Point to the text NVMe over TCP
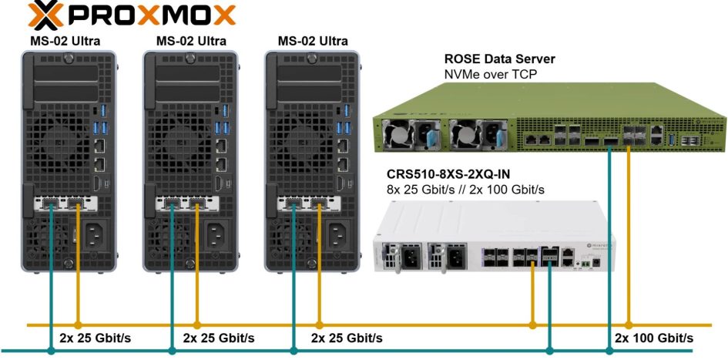tap(491, 74)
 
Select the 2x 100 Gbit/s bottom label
tap(653, 338)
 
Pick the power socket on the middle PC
tap(215, 232)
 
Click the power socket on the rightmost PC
tap(336, 232)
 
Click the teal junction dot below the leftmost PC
tap(52, 352)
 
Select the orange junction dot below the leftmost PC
tap(78, 324)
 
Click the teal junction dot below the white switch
tap(549, 352)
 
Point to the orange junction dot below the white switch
tap(532, 324)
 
